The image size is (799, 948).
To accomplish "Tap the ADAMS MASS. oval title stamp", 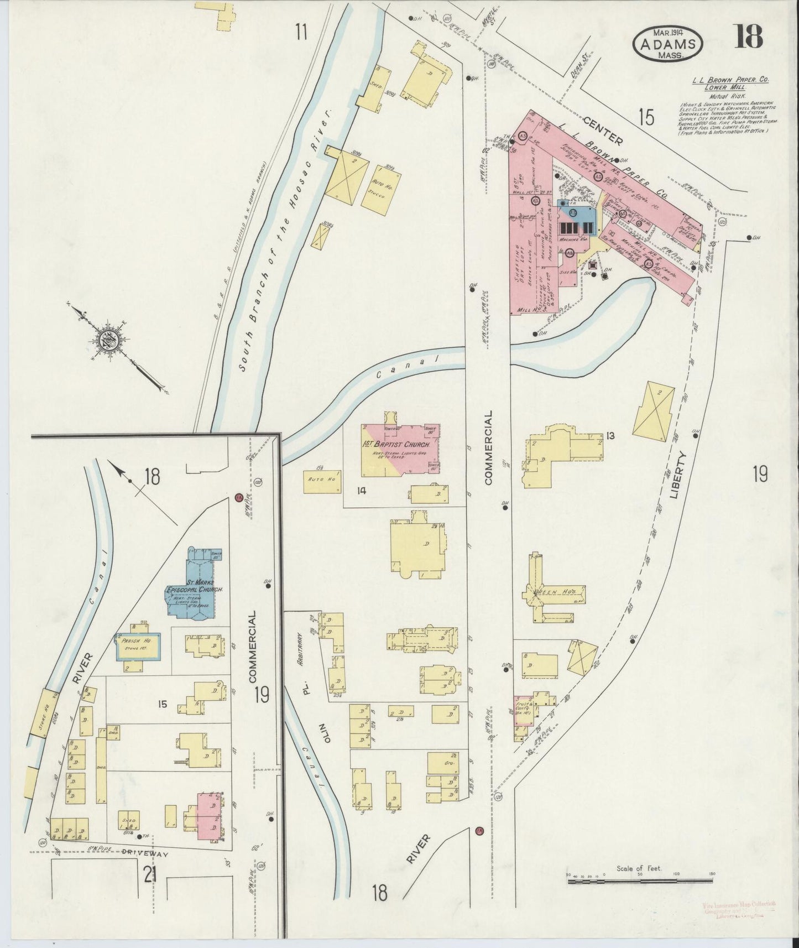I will tap(668, 43).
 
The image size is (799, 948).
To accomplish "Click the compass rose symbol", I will tap(109, 338).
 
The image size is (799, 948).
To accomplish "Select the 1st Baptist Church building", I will tap(401, 449).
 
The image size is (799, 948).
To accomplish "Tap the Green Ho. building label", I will tap(547, 591).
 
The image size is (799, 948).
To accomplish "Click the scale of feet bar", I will tap(641, 879).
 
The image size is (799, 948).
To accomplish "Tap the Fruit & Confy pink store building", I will tap(523, 710).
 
